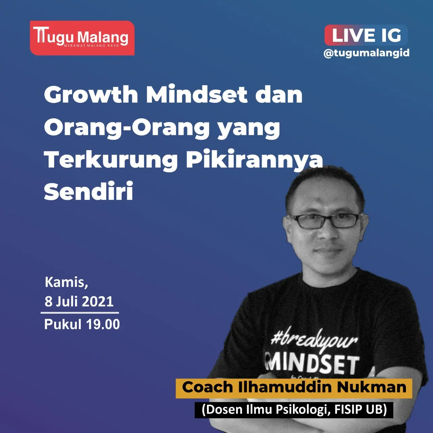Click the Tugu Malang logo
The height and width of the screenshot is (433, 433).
pos(82,38)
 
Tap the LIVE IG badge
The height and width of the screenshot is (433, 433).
pos(366,35)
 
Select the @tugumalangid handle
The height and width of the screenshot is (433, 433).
pos(366,53)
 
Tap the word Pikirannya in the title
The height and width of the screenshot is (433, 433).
pos(254,160)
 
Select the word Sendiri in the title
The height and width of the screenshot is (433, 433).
pos(89,191)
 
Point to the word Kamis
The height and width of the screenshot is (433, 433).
pos(66,282)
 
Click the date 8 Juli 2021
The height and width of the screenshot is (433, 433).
pos(79,301)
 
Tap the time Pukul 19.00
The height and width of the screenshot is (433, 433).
pos(82,324)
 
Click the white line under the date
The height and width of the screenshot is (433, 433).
pos(80,313)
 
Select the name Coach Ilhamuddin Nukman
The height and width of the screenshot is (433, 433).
pos(294,387)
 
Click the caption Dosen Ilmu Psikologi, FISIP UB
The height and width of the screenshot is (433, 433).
pos(294,409)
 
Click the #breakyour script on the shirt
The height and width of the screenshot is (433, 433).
pos(314,341)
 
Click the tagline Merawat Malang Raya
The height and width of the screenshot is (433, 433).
pos(91,46)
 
